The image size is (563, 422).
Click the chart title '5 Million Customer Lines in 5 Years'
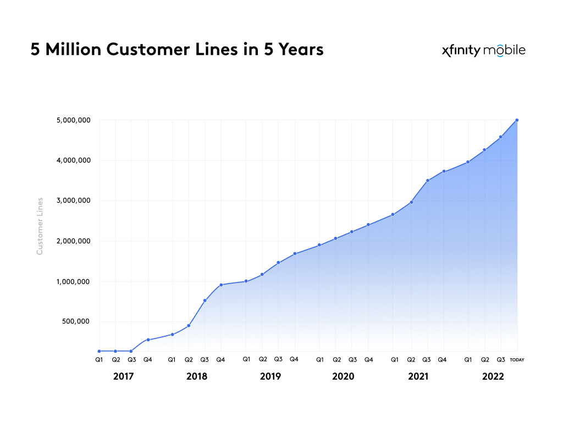coord(177,50)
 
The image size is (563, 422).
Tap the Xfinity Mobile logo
coord(483,51)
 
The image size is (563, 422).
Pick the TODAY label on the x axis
coord(517,360)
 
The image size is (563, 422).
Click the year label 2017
coord(124,377)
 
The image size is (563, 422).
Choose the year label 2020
coord(343,377)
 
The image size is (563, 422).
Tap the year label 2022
coord(493,377)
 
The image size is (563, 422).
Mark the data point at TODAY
coord(517,120)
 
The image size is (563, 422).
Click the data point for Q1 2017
coord(99,351)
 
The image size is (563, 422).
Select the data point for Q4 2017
coord(148,340)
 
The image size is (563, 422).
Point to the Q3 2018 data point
coord(205,301)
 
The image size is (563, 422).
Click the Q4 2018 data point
coord(221,285)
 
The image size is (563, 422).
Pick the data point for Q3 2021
coord(427,180)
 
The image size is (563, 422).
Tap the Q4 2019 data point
coord(295,253)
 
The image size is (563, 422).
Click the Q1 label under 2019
coord(246,359)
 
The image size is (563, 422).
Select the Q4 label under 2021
coord(441,360)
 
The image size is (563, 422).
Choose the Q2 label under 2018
coord(188,360)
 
